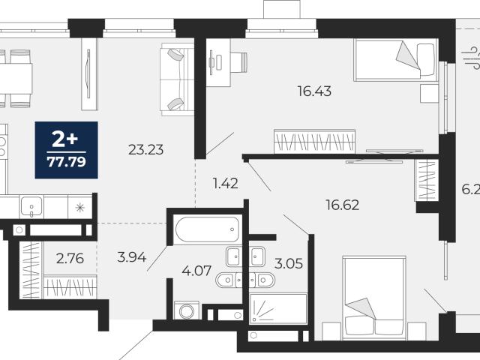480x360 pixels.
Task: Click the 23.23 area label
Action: [x=145, y=150]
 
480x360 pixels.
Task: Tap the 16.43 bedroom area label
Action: [x=314, y=91]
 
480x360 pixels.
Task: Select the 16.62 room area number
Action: [x=343, y=205]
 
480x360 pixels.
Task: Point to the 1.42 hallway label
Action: [x=225, y=183]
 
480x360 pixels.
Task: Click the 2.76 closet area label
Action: [x=70, y=259]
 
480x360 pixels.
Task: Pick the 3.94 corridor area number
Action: [x=132, y=257]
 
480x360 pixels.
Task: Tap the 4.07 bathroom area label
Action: [x=196, y=271]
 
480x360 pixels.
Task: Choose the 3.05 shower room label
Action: [x=289, y=263]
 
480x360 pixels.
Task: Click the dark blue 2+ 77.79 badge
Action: [x=67, y=150]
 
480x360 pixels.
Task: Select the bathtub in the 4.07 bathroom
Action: [x=207, y=229]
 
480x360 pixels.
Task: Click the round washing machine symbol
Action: [x=187, y=310]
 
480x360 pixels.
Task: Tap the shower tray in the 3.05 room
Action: [x=278, y=308]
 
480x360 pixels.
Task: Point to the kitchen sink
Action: [x=31, y=207]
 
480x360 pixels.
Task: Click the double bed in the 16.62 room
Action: [x=374, y=298]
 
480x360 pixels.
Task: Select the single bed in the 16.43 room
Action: [x=395, y=60]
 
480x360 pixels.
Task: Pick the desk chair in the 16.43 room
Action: [x=238, y=62]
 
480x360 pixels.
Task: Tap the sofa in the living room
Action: [x=177, y=79]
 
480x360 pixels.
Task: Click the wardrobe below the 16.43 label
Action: [x=314, y=141]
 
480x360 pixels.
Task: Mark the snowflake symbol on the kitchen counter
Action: [x=80, y=208]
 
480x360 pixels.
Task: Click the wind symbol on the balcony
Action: [x=471, y=58]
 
